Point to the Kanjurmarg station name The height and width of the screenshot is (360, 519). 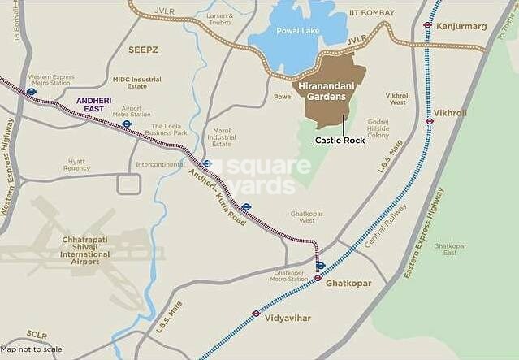tap(462, 26)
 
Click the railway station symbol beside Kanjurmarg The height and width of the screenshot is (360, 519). tap(427, 24)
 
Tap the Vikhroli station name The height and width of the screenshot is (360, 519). tap(452, 113)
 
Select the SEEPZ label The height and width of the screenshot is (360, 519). tap(144, 50)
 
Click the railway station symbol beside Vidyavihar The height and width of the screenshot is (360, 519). tap(257, 313)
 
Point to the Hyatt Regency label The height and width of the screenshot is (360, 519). tap(76, 163)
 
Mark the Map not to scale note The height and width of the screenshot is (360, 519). tap(31, 349)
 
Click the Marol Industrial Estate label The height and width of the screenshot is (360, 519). tap(220, 135)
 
